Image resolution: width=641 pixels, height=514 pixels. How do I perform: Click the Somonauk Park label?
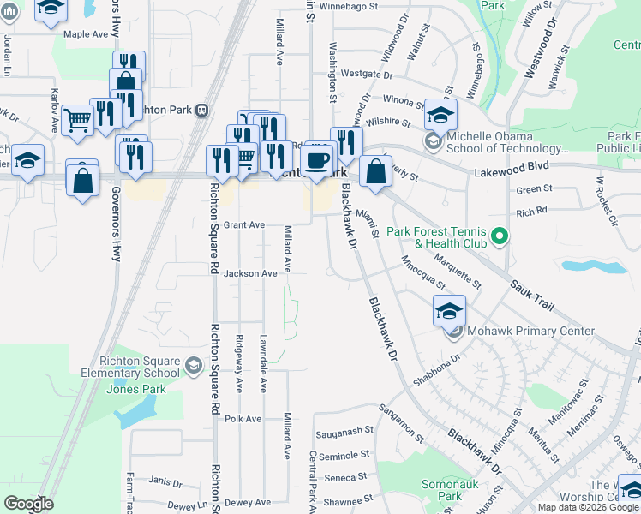click(442, 490)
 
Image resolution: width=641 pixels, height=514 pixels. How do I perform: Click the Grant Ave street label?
click(244, 224)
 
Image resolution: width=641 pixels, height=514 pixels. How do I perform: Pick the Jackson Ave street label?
click(250, 273)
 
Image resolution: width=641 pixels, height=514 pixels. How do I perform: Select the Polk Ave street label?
click(243, 419)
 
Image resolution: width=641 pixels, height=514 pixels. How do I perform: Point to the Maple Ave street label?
click(86, 34)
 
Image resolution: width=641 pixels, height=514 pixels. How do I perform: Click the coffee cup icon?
click(316, 158)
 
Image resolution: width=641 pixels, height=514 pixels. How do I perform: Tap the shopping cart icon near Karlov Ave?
click(78, 120)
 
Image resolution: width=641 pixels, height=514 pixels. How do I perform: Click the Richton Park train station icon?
click(202, 110)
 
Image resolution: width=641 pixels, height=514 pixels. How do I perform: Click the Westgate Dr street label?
click(360, 75)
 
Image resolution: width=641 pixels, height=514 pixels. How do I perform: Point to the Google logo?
click(28, 504)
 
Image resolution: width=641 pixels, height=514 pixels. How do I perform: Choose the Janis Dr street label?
click(165, 482)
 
